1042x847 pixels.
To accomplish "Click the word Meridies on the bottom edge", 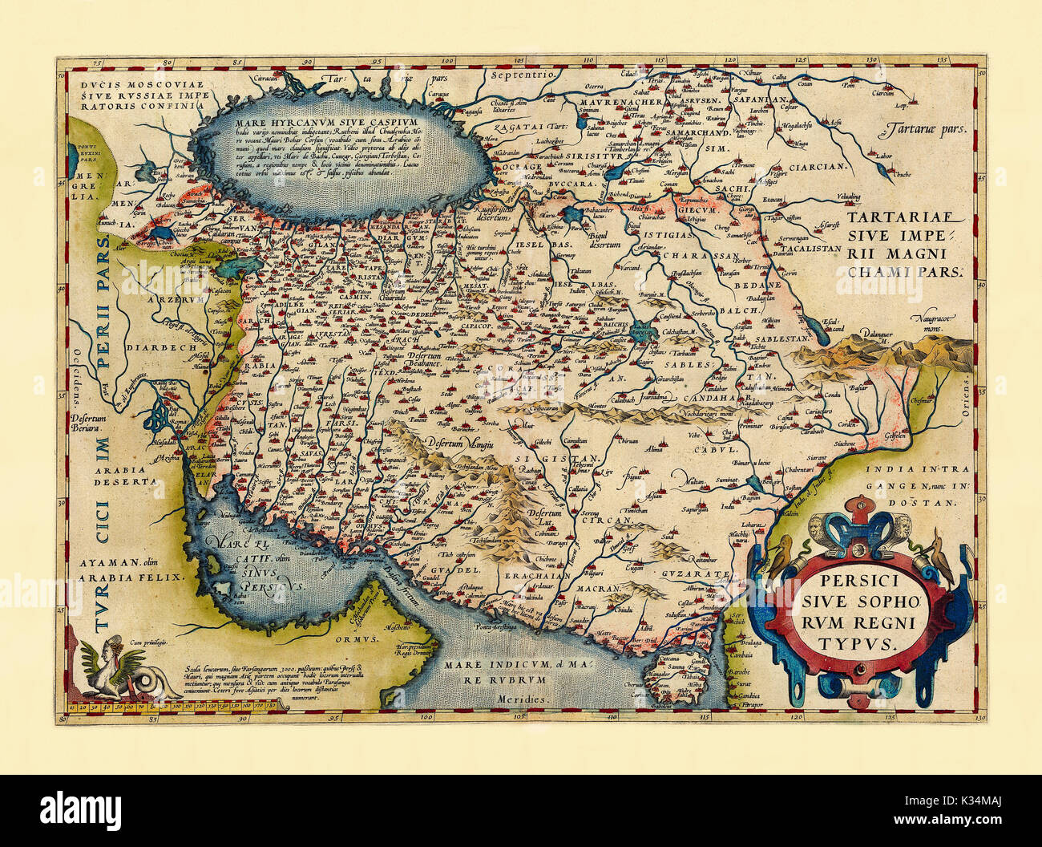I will (527, 699).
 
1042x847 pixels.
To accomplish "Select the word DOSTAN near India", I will (933, 503).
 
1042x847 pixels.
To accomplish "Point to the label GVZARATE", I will (696, 574).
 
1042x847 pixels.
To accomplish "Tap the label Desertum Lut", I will (536, 514).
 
